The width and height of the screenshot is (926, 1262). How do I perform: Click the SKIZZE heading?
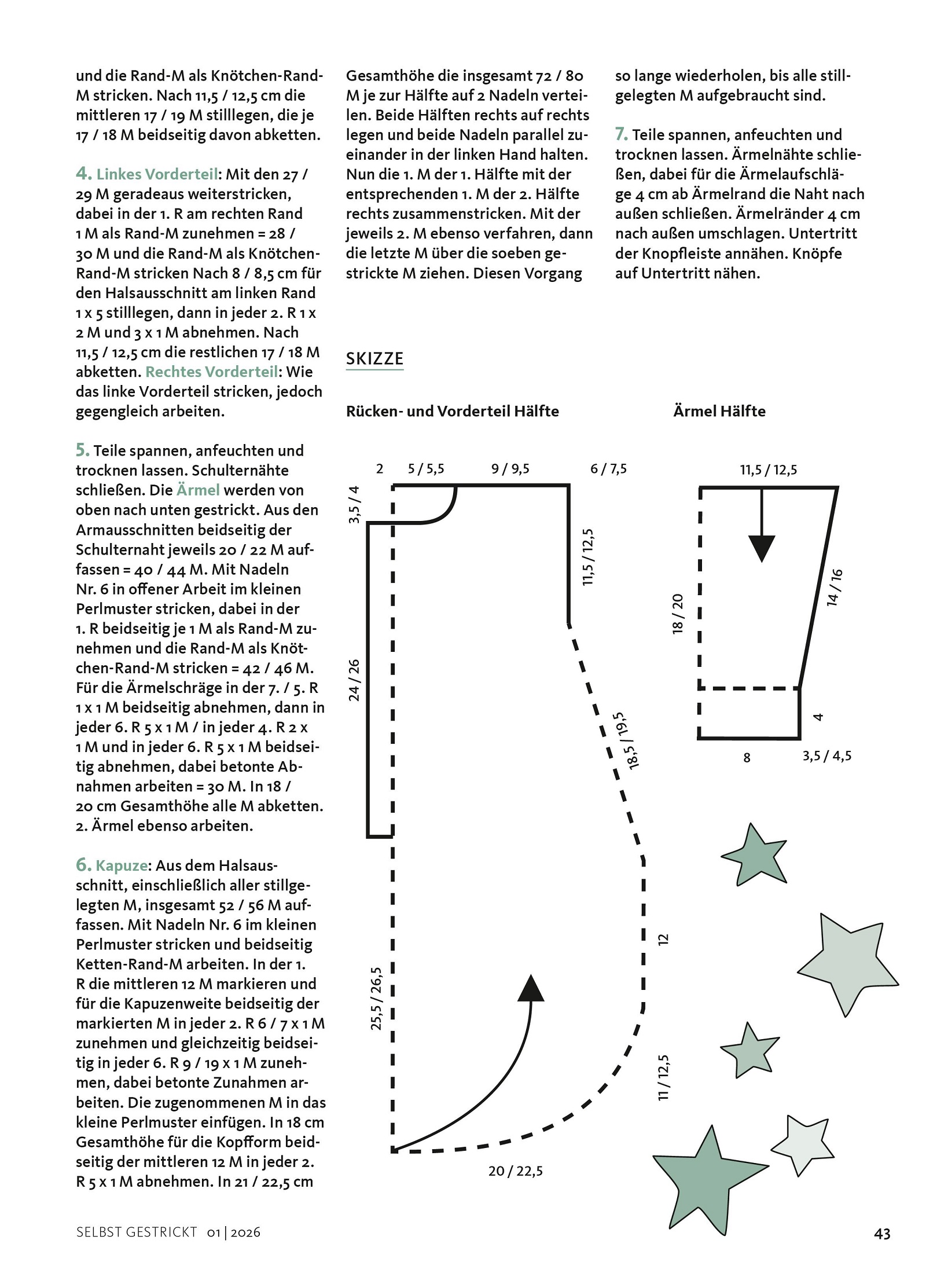click(x=374, y=358)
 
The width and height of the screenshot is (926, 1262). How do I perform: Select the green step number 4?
click(x=83, y=173)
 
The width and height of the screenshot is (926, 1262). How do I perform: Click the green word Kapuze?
click(x=122, y=865)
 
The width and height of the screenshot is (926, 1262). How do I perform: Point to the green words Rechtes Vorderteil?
click(x=212, y=372)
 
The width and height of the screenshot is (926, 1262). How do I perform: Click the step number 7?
click(x=621, y=134)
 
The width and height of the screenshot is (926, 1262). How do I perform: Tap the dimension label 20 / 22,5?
click(x=516, y=1171)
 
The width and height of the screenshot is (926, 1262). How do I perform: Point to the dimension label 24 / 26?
click(x=354, y=680)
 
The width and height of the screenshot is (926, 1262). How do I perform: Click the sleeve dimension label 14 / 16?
click(x=835, y=588)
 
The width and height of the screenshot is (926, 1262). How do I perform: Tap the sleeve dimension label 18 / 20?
click(x=678, y=614)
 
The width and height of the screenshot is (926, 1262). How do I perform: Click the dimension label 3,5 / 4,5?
click(x=827, y=756)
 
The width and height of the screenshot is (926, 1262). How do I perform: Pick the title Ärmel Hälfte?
click(x=719, y=411)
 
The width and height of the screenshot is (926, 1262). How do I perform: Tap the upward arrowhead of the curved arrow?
click(x=531, y=988)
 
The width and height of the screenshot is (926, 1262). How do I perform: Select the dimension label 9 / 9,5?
click(x=510, y=468)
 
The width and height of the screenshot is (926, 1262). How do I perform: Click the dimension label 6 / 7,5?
click(x=608, y=468)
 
